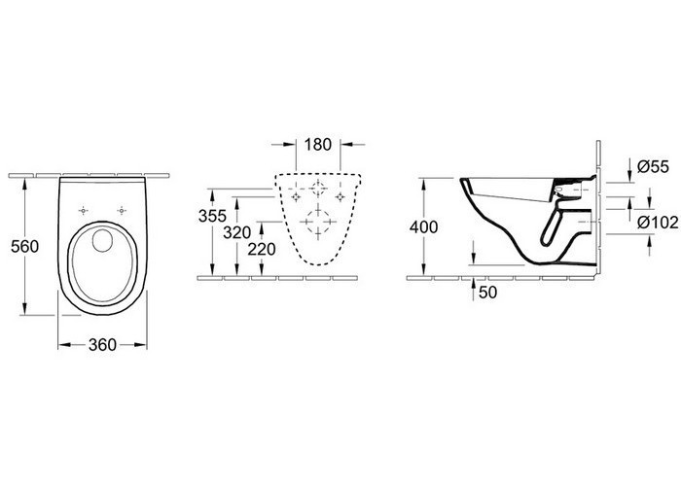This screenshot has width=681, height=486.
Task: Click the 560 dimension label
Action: tap(24, 247)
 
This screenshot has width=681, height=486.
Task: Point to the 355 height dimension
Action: tap(212, 216)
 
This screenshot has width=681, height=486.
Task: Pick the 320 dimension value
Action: tap(238, 232)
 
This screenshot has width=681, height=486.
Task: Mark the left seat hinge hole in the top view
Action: tap(85, 209)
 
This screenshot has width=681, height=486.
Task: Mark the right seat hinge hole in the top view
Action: tap(122, 209)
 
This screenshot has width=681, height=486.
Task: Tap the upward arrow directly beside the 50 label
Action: tap(474, 285)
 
